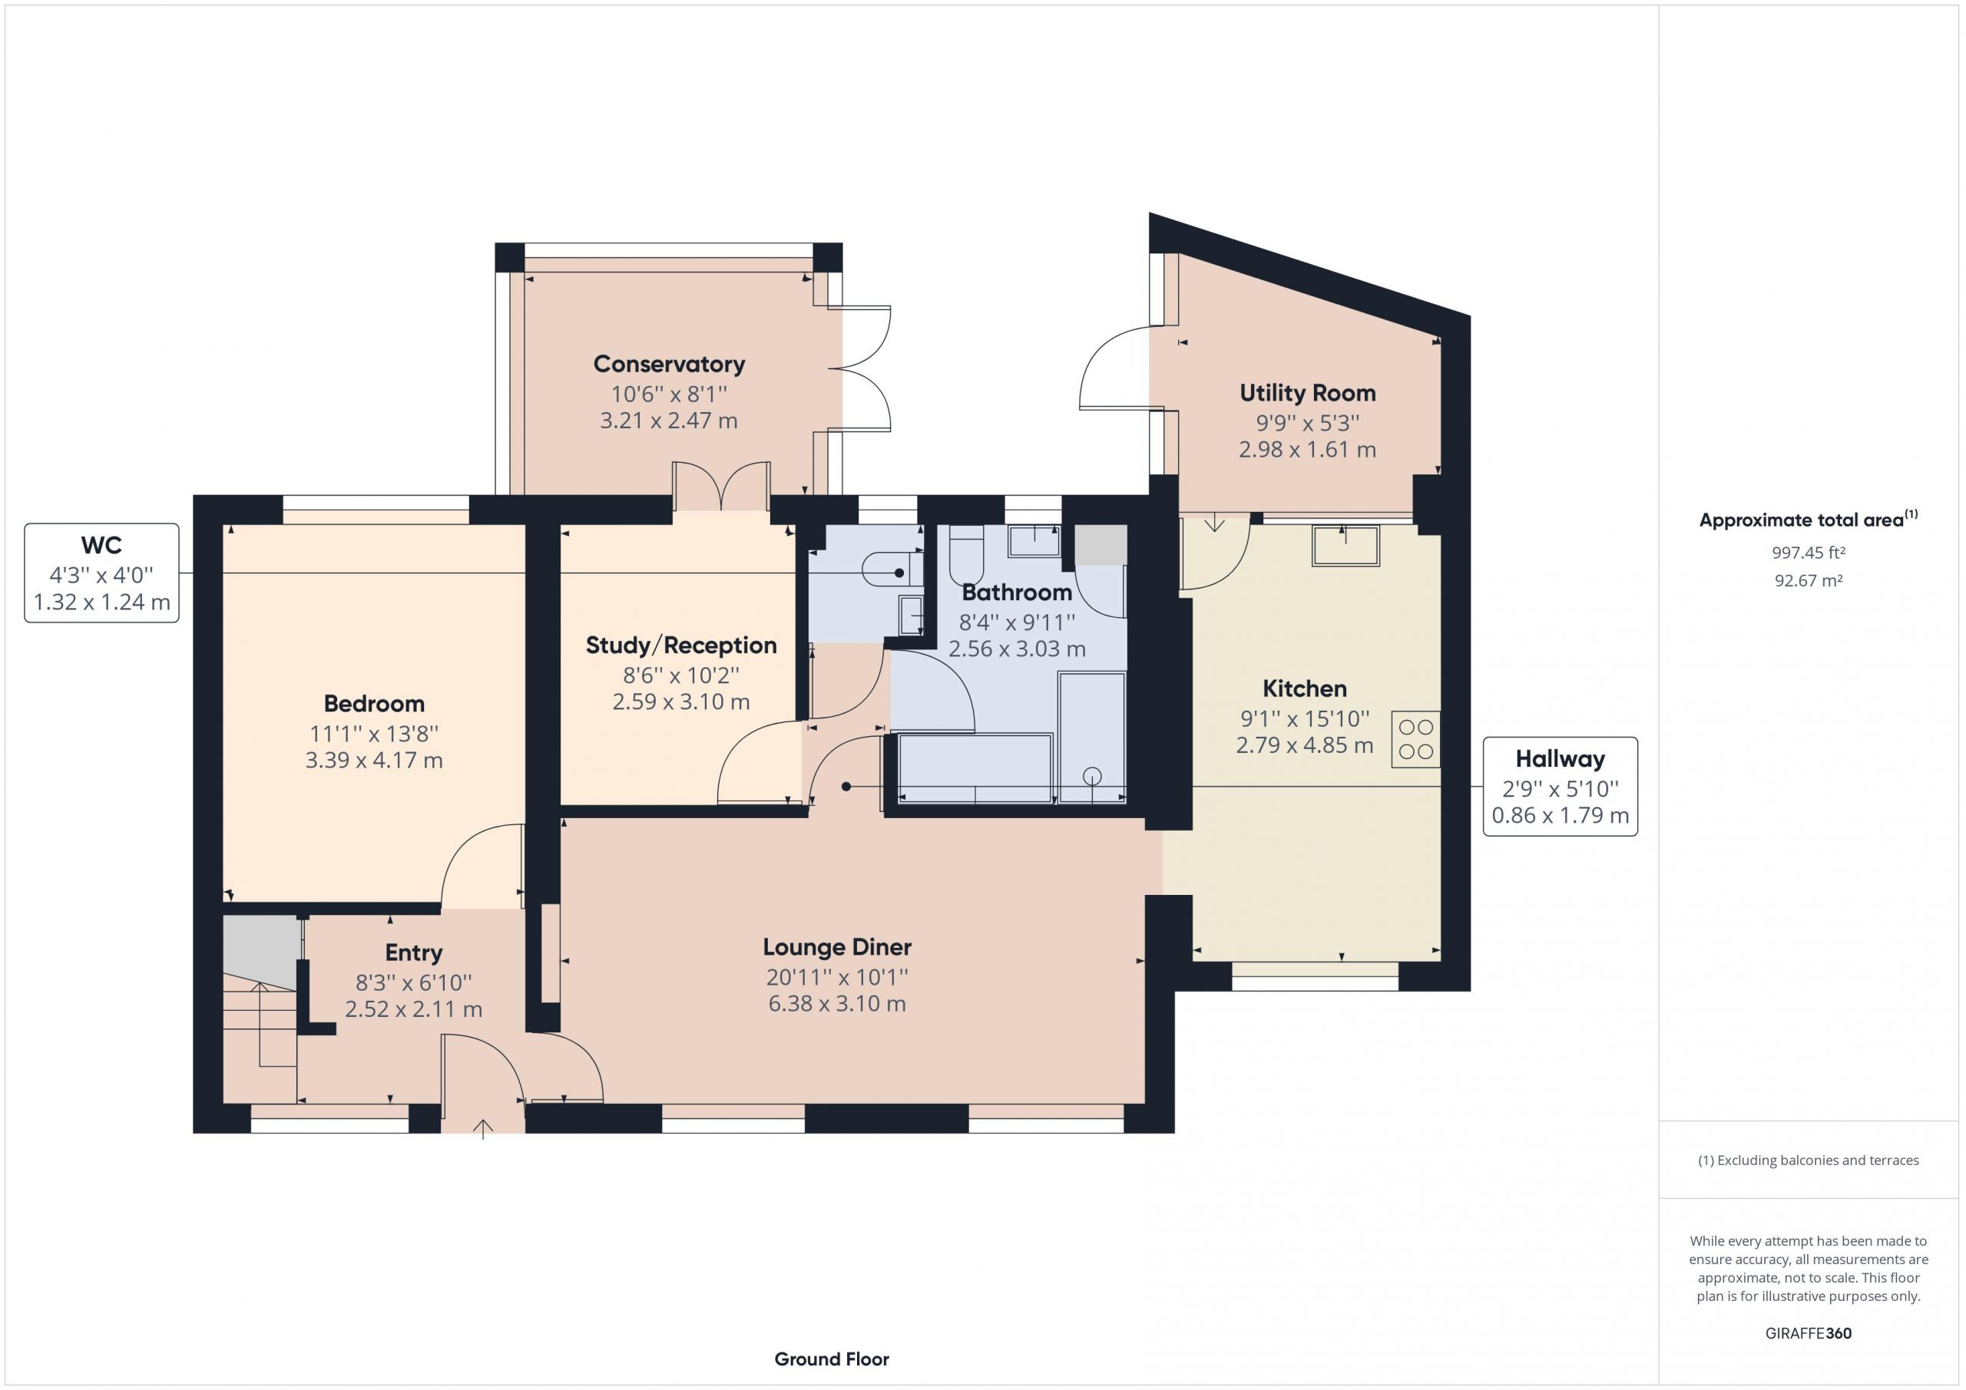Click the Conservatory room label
point(669,364)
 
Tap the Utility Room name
point(1308,393)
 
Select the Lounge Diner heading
point(836,946)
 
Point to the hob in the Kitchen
point(1415,738)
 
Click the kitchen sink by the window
point(1345,545)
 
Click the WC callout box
point(102,573)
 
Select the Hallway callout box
point(1560,787)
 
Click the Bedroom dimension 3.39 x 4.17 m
point(374,760)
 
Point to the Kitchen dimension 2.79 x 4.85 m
point(1304,745)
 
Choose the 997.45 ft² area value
point(1808,553)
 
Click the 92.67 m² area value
point(1808,580)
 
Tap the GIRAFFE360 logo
point(1808,1332)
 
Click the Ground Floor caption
point(832,1359)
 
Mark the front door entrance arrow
point(483,1129)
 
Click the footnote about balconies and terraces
point(1808,1161)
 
